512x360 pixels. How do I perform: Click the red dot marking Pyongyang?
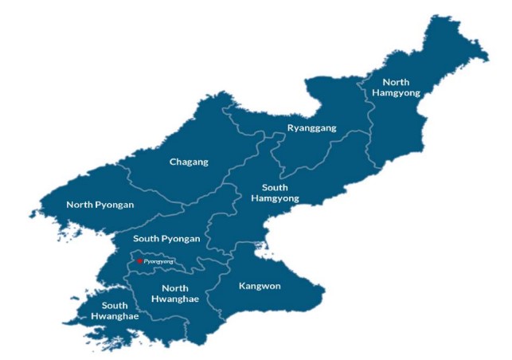[x=139, y=260]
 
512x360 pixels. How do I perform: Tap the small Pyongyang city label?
[x=158, y=261]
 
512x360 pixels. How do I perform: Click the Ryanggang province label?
[x=311, y=127]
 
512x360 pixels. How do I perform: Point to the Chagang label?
[x=189, y=162]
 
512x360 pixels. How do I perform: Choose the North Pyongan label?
[x=100, y=205]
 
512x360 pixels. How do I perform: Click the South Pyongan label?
[x=166, y=238]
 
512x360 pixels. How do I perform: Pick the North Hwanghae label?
[x=174, y=293]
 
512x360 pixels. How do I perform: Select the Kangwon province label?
[x=260, y=285]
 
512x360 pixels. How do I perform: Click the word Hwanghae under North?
[x=174, y=299]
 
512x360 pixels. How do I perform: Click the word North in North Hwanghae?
[x=174, y=288]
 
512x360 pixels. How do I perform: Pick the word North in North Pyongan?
[x=80, y=205]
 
